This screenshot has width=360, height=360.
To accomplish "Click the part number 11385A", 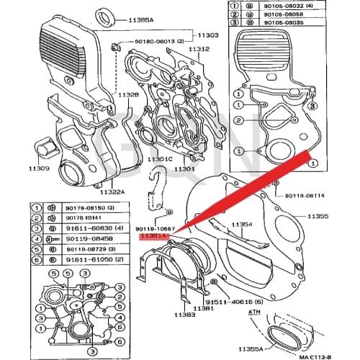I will pos(142,20).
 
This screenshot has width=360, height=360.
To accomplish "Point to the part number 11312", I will pos(199,49).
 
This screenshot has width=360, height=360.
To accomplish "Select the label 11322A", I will pos(113,192).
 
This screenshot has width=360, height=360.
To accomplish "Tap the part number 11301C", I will pos(160,158).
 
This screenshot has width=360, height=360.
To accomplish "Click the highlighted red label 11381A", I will pos(153,235).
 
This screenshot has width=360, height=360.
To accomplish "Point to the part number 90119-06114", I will pos(305,195).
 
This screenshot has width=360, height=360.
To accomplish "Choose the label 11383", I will pos(184,315).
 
